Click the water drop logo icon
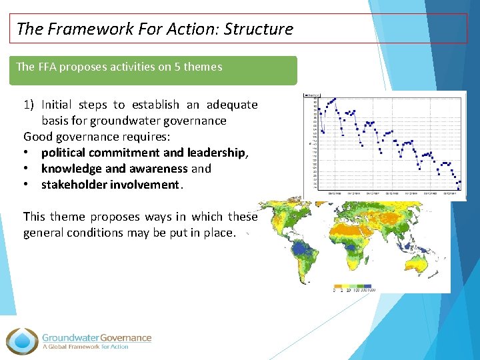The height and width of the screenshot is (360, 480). pos(23,341)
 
